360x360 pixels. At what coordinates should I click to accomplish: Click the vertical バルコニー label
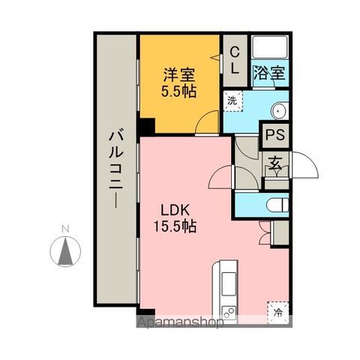116,168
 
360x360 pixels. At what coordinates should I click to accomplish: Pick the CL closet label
234,60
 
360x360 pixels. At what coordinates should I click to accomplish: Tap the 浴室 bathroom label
270,73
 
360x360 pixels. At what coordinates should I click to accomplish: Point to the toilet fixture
274,204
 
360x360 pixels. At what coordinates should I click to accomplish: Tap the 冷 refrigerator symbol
278,310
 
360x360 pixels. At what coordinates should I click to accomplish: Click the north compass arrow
66,250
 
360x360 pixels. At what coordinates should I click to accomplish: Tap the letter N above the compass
65,228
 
